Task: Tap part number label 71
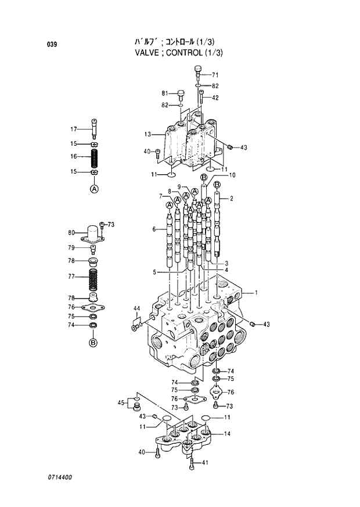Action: pos(215,75)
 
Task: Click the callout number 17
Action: pos(73,129)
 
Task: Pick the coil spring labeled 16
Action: pos(93,157)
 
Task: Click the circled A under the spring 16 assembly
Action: pos(93,189)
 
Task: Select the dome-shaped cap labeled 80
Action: pos(93,233)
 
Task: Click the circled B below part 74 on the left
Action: pos(93,343)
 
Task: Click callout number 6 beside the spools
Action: pos(154,229)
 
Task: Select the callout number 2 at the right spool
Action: pos(231,199)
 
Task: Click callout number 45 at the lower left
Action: pos(121,403)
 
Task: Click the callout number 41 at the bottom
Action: pos(204,462)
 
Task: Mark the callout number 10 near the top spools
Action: pos(232,175)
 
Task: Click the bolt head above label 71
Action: pos(197,70)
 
